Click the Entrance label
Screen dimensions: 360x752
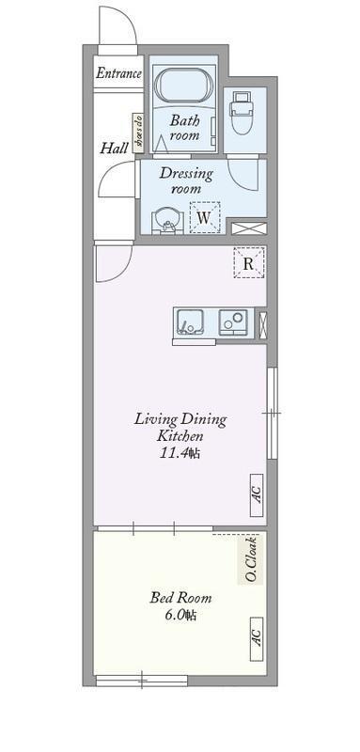(x=118, y=73)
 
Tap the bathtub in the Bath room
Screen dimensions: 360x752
(x=184, y=86)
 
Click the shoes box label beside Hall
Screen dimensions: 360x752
(x=138, y=133)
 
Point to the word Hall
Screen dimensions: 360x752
(x=114, y=149)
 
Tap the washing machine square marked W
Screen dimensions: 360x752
(x=205, y=217)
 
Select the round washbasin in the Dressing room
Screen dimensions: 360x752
(x=166, y=222)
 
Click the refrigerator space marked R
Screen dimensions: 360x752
(x=249, y=262)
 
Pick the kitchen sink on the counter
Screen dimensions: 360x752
(x=190, y=322)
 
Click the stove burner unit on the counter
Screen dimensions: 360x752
(x=233, y=322)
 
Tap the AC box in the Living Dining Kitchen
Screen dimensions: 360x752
(x=257, y=495)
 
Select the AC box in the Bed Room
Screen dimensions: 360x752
(x=257, y=638)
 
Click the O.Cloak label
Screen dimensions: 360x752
(x=250, y=559)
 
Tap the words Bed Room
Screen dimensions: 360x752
(x=180, y=598)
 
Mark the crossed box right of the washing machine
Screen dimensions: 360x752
(x=249, y=228)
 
